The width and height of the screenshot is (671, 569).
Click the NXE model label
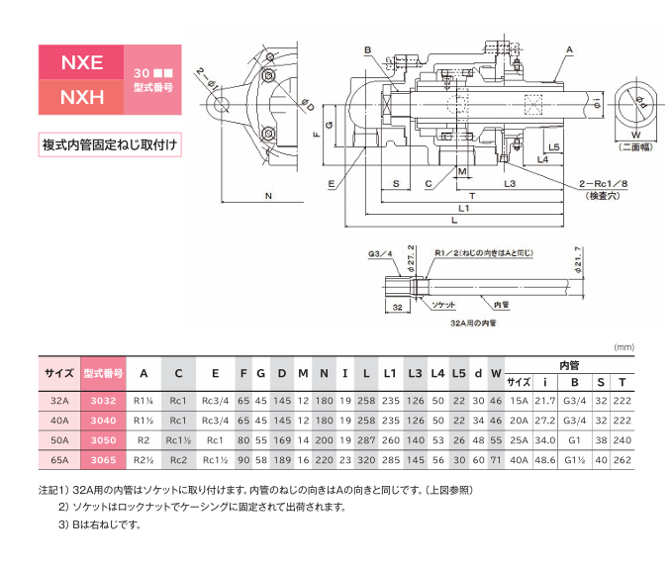(x=81, y=62)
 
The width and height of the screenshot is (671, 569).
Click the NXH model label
(x=81, y=98)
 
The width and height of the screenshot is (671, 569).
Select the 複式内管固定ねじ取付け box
(x=110, y=144)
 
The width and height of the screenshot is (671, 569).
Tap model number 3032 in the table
(x=103, y=401)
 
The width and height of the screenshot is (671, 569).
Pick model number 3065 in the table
(x=103, y=460)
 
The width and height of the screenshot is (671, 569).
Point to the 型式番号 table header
(x=103, y=374)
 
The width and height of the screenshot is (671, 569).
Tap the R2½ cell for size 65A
(x=144, y=460)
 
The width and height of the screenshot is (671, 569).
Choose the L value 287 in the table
(x=366, y=440)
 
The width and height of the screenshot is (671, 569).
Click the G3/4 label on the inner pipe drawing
(x=380, y=254)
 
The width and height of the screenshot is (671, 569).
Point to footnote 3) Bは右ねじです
(x=99, y=524)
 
